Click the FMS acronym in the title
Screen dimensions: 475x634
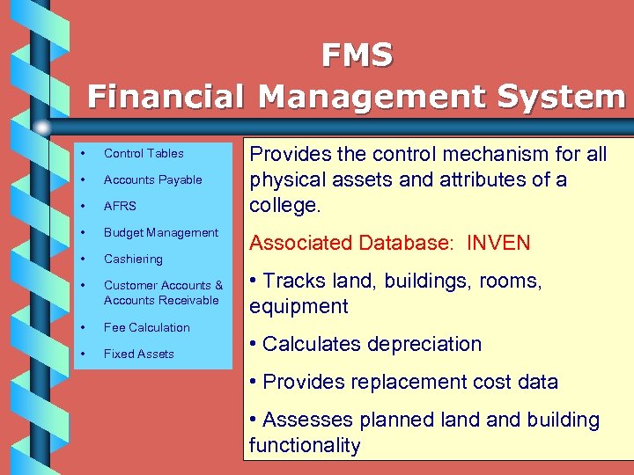pyautogui.click(x=357, y=55)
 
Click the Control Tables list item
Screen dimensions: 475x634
pyautogui.click(x=144, y=153)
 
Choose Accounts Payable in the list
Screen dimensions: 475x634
pyautogui.click(x=153, y=179)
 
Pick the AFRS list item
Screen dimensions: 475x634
pyautogui.click(x=120, y=206)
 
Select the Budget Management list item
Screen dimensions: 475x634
pyautogui.click(x=161, y=232)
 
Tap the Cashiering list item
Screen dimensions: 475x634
pyautogui.click(x=133, y=259)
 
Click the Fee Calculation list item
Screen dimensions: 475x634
pyautogui.click(x=147, y=327)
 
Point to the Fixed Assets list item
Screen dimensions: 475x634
pyautogui.click(x=139, y=354)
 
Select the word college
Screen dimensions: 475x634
pyautogui.click(x=282, y=205)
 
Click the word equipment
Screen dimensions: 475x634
pyautogui.click(x=299, y=306)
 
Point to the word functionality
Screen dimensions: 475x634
pyautogui.click(x=305, y=445)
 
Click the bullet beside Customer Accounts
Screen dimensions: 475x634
pyautogui.click(x=82, y=285)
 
